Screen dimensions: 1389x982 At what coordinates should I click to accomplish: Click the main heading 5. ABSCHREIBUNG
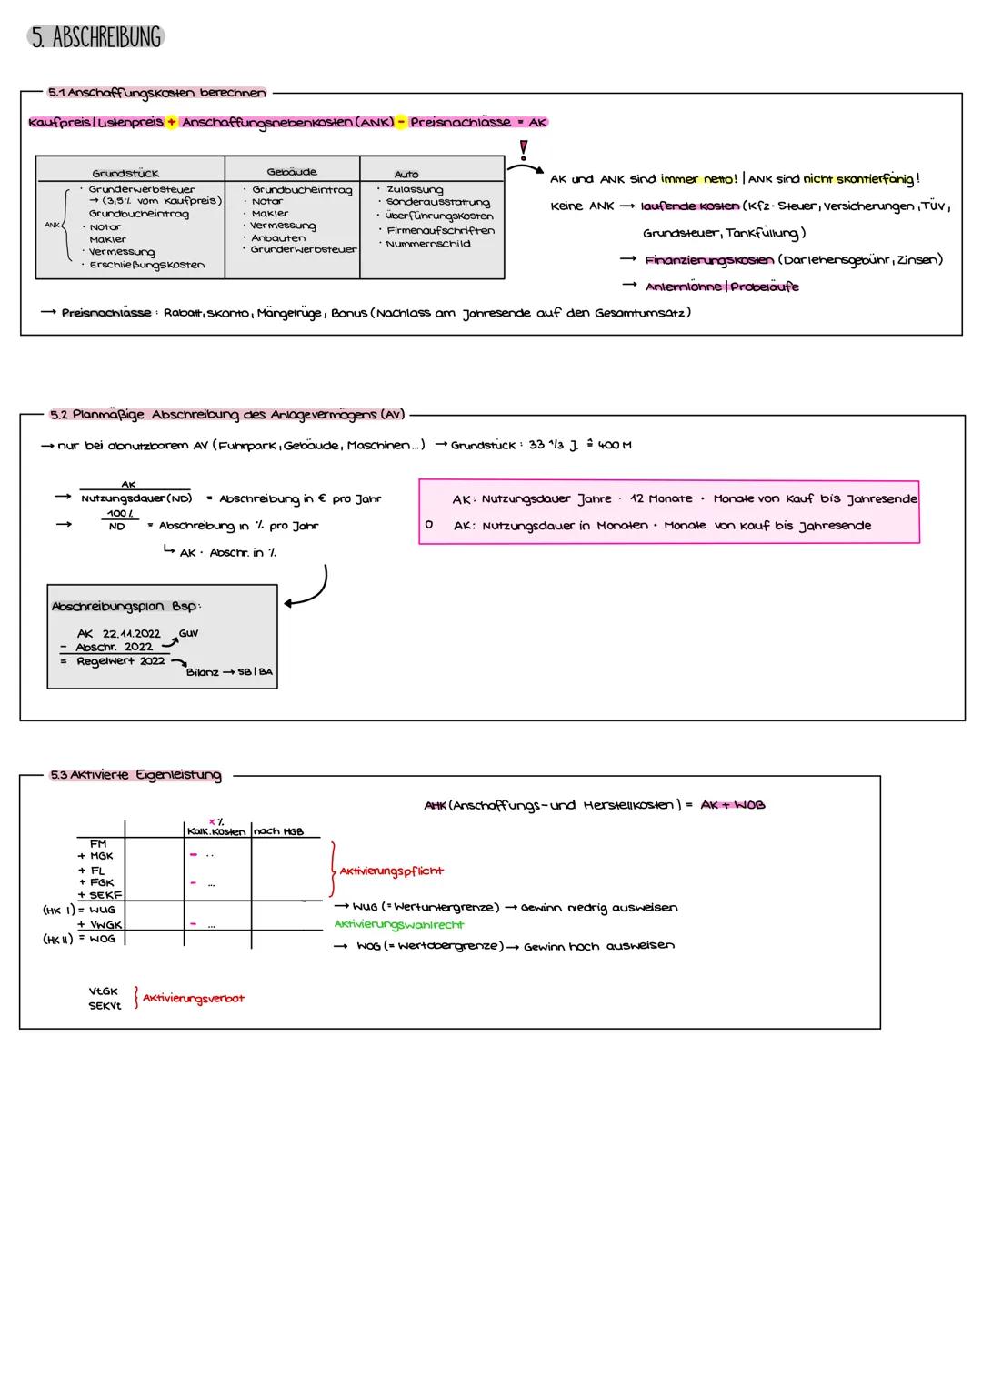(x=95, y=37)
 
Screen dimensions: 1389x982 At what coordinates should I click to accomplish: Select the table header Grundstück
(x=125, y=173)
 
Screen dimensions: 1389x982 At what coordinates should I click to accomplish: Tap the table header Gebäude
(x=292, y=171)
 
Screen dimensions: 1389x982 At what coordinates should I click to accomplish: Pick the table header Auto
(x=406, y=174)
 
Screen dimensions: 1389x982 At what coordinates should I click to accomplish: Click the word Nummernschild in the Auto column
(x=428, y=244)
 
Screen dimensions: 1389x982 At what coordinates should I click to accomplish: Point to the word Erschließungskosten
(x=147, y=265)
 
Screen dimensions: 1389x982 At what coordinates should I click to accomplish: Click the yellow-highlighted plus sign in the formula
(x=171, y=122)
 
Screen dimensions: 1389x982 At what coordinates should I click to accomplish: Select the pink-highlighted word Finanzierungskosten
(x=709, y=260)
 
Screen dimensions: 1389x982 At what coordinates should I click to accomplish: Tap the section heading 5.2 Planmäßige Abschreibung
(x=227, y=415)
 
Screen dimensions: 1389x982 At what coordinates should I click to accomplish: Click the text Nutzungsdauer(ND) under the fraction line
(x=136, y=498)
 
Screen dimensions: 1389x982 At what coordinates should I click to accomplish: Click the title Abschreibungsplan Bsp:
(x=125, y=606)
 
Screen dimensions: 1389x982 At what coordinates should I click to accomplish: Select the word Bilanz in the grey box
(x=203, y=672)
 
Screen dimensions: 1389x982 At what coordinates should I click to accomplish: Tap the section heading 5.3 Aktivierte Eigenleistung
(x=136, y=775)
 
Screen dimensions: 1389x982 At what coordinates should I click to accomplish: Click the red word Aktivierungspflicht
(x=392, y=871)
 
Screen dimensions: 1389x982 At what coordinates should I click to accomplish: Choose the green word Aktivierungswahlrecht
(x=399, y=924)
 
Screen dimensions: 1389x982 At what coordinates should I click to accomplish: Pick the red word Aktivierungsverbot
(x=194, y=998)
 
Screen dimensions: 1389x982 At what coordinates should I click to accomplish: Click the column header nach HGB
(x=278, y=831)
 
